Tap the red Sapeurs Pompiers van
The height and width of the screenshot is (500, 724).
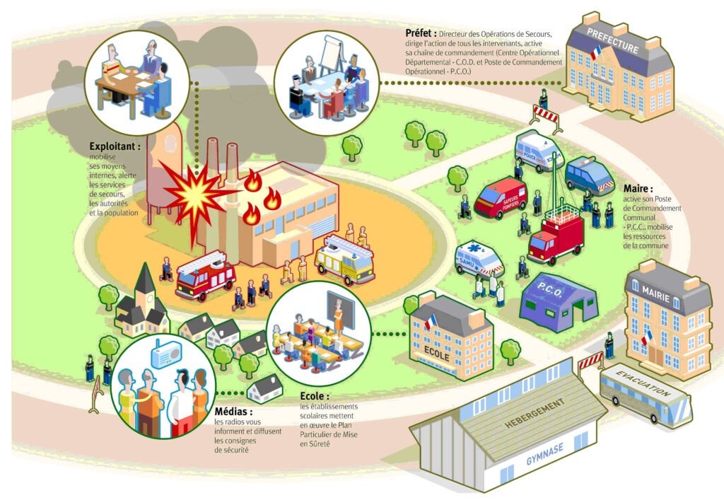tap(501, 197)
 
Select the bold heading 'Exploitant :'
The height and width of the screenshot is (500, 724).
tap(115, 146)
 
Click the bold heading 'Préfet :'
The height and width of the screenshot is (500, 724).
tap(421, 33)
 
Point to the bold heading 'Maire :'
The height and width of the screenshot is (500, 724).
tap(638, 190)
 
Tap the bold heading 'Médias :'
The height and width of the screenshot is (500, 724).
tap(233, 412)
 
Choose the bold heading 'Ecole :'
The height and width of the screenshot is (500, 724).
tap(315, 397)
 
